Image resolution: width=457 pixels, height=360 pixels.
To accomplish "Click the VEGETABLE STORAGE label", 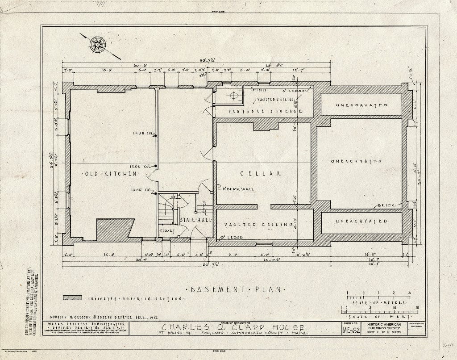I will click(x=263, y=111).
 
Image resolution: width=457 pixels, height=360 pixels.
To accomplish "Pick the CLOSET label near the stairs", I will click(x=166, y=230).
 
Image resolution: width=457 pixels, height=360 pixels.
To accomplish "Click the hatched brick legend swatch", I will click(x=72, y=298).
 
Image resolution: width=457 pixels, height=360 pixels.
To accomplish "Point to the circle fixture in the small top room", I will click(x=233, y=95).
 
